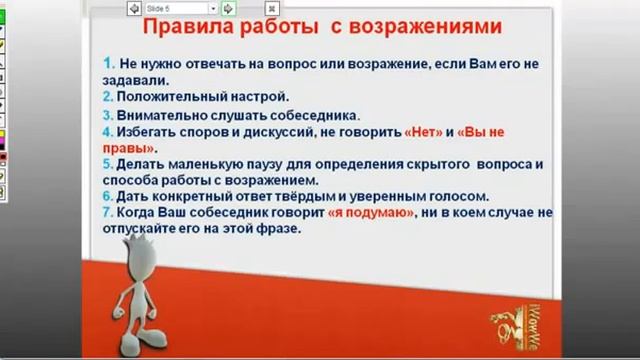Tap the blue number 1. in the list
pyautogui.click(x=109, y=62)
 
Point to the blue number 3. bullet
pyautogui.click(x=108, y=115)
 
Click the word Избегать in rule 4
pyautogui.click(x=148, y=132)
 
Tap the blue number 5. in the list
pyautogui.click(x=108, y=163)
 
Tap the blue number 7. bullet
pyautogui.click(x=108, y=213)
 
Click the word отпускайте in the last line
pyautogui.click(x=142, y=228)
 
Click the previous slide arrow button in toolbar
pyautogui.click(x=133, y=8)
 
